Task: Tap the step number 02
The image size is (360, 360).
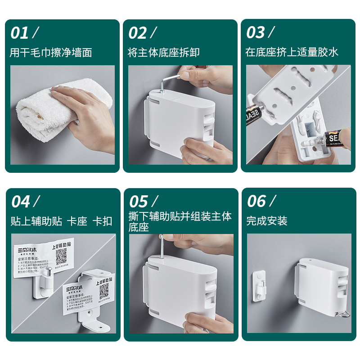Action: (x=138, y=33)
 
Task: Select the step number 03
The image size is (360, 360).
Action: (x=256, y=33)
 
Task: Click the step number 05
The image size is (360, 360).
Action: (x=139, y=202)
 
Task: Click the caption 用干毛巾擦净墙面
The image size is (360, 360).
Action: (x=51, y=53)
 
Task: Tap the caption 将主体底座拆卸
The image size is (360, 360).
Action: (x=163, y=53)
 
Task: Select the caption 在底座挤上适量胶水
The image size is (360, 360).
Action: (x=292, y=53)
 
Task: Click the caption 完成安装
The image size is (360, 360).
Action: (x=266, y=221)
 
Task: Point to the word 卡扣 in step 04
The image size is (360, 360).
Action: (x=102, y=221)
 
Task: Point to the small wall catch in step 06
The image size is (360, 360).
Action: (x=260, y=285)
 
